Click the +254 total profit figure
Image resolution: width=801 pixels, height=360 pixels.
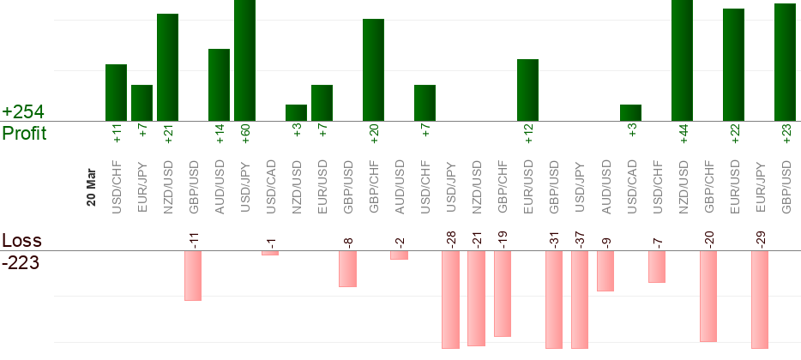pos(23,112)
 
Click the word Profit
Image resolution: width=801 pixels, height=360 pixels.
pos(24,134)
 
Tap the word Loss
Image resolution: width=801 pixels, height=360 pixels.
pos(21,240)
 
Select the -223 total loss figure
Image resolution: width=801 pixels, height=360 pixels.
pos(21,261)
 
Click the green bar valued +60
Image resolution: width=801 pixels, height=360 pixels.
pos(244,60)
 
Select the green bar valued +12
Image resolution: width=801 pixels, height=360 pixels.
pos(527,90)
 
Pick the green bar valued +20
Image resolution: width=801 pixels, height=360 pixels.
pos(373,69)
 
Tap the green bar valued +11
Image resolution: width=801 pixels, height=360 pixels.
pos(116,93)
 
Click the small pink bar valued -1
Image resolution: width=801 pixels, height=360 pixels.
pos(270,253)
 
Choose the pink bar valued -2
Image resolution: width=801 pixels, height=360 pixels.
pos(399,255)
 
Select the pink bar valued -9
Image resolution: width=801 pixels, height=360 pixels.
pos(605,271)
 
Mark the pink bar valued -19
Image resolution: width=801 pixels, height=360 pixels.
pos(503,293)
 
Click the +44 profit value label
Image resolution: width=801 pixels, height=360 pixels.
pos(684,136)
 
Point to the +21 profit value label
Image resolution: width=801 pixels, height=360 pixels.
pos(168,136)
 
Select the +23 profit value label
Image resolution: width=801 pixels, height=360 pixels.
pos(786,136)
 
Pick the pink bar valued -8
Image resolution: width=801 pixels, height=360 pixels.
pos(347,268)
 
